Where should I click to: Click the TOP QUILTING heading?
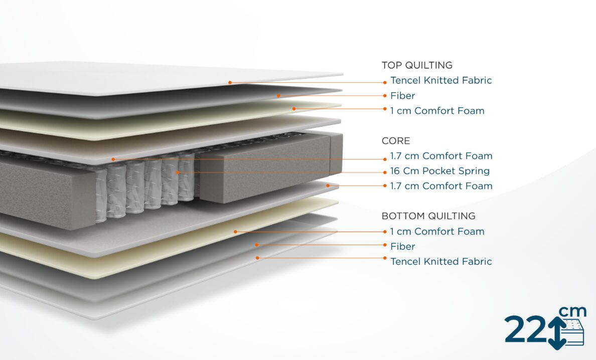[x=417, y=65]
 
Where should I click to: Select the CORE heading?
[x=396, y=141]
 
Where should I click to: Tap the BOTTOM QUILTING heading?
[x=428, y=216]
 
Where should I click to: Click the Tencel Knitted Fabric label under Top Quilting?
[x=441, y=80]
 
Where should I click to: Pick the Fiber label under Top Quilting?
[x=403, y=95]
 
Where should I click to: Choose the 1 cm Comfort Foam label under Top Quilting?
[x=437, y=111]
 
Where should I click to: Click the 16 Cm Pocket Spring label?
[x=440, y=171]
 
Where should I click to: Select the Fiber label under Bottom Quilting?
[x=403, y=246]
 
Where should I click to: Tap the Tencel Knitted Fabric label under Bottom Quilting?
[x=441, y=261]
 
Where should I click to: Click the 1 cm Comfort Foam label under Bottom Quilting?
[x=437, y=231]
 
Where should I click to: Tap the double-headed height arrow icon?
[x=556, y=331]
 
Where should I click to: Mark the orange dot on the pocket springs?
[x=178, y=172]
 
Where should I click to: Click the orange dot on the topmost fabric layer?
[x=230, y=82]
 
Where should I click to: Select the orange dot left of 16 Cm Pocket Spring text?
[x=385, y=171]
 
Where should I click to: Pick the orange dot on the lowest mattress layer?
[x=257, y=258]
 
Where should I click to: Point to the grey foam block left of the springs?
[x=45, y=196]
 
